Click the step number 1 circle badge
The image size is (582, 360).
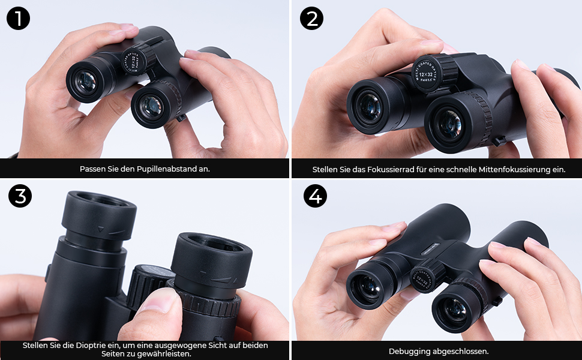tap(19, 19)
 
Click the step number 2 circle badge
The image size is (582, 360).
tap(311, 19)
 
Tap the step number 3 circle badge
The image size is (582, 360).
tap(20, 196)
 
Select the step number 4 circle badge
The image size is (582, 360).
tap(314, 196)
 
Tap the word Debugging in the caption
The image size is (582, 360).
tap(407, 351)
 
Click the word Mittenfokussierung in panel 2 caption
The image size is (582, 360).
tap(512, 170)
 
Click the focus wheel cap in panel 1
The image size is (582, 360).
tap(134, 60)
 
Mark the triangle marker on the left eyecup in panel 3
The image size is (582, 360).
tap(101, 229)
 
